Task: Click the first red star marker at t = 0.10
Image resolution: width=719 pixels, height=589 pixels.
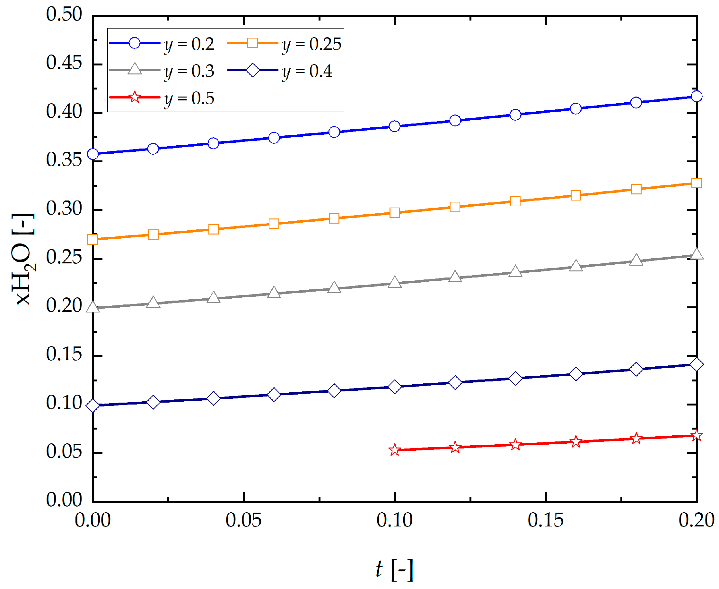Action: point(395,450)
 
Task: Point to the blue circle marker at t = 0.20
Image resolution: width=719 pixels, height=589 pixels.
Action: point(697,96)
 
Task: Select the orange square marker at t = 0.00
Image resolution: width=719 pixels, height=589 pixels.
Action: point(93,240)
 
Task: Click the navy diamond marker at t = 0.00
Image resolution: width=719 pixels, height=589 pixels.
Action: point(93,405)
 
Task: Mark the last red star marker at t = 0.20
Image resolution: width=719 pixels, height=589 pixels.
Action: point(697,435)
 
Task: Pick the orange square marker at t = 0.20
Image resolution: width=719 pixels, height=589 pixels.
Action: point(697,183)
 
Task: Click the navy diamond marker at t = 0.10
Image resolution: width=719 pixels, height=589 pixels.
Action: point(395,387)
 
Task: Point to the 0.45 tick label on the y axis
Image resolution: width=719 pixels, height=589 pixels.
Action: point(64,63)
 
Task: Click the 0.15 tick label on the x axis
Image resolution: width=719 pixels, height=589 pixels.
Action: point(546,520)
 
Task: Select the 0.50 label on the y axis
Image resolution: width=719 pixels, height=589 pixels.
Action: point(64,14)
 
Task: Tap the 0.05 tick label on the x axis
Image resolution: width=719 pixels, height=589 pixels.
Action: point(244,520)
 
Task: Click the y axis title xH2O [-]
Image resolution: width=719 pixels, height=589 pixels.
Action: point(23,259)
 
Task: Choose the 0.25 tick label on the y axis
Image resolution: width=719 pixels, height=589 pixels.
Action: point(64,258)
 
